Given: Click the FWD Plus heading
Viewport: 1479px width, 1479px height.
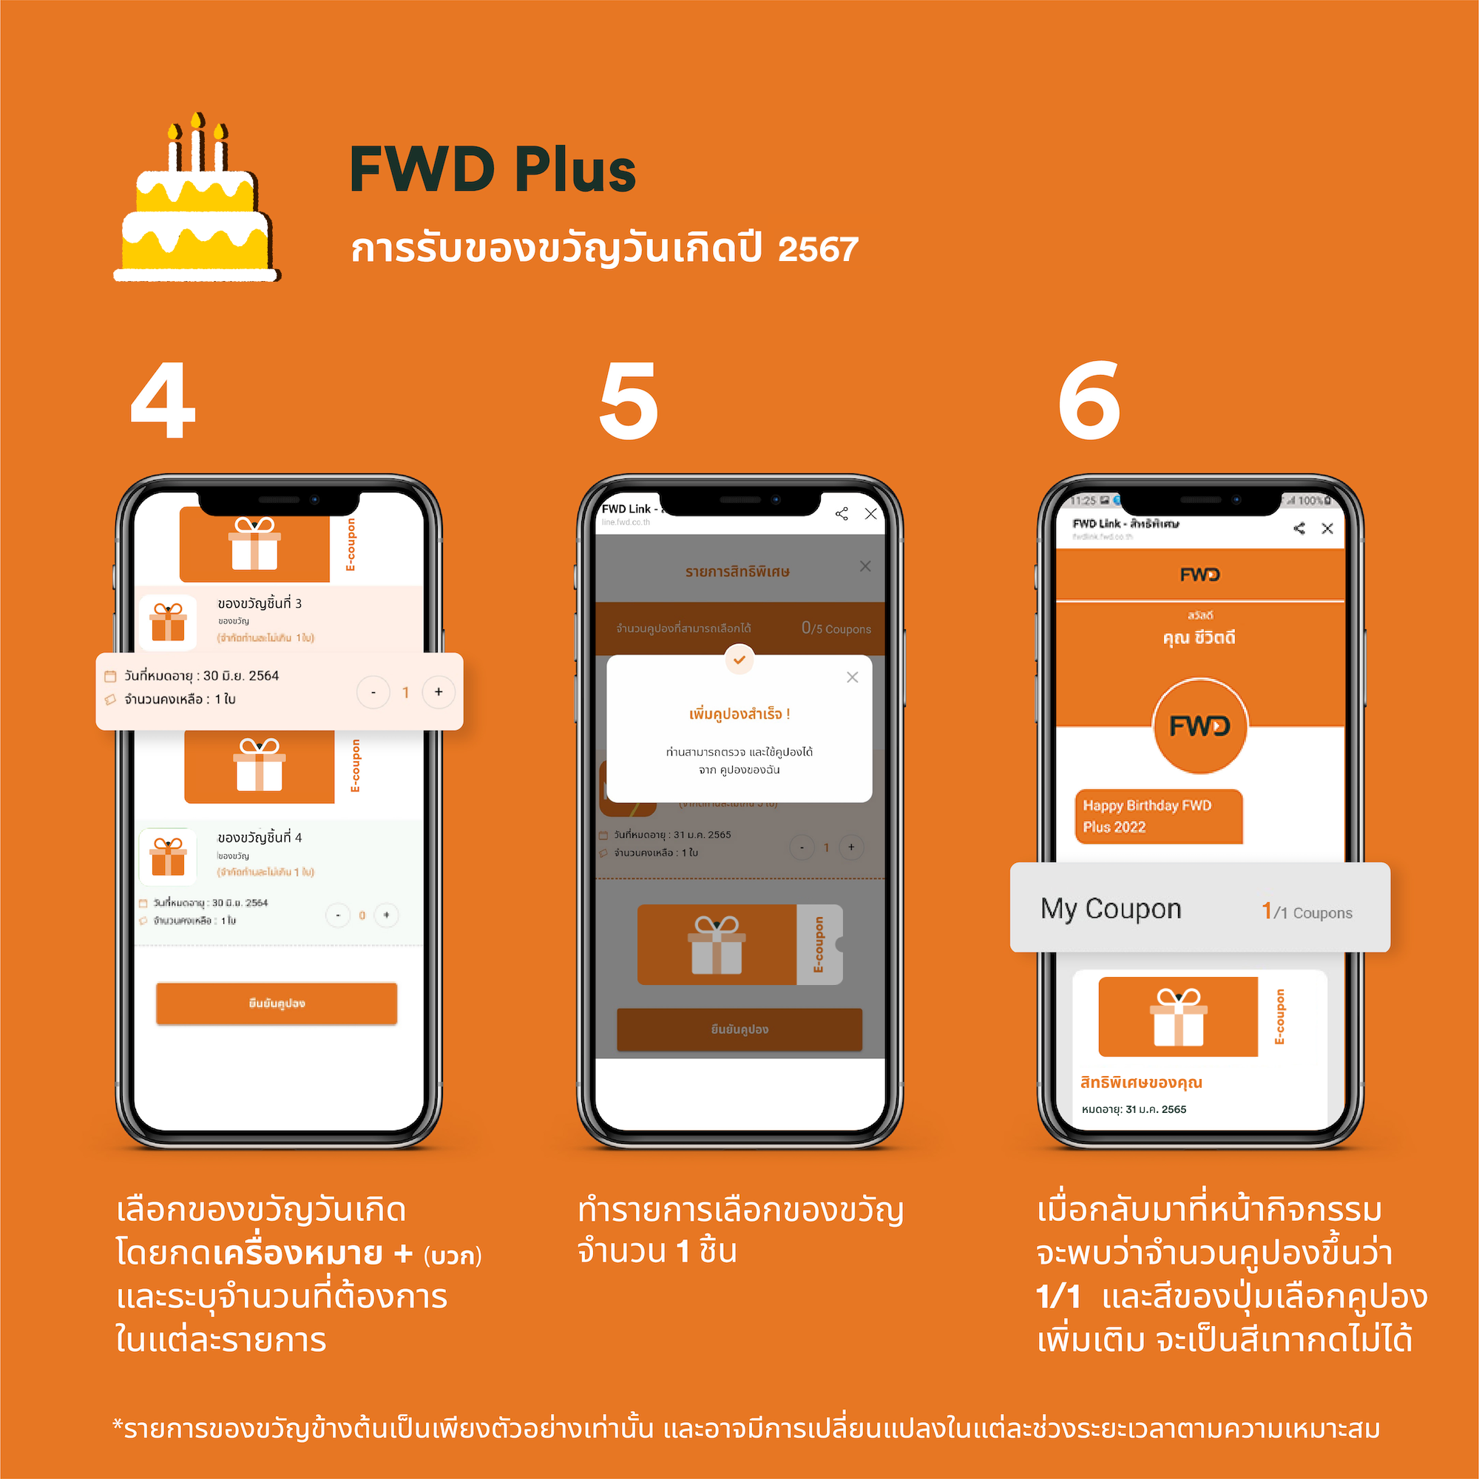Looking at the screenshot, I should click(x=493, y=170).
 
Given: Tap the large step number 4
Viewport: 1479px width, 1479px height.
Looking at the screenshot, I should click(x=163, y=401).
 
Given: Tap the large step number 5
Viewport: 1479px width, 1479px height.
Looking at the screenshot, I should click(x=628, y=401).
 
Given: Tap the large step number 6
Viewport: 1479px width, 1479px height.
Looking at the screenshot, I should click(x=1089, y=401).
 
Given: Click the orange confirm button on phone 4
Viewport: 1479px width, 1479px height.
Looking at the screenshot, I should click(x=277, y=1003).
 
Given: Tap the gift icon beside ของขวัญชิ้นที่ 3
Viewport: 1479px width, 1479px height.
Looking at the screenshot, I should click(x=169, y=622).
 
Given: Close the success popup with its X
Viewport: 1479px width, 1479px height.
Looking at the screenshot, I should click(x=852, y=677).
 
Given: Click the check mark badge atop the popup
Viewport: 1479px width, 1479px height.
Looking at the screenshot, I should click(x=739, y=660).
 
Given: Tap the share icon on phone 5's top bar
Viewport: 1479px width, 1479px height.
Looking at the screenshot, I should click(x=842, y=514).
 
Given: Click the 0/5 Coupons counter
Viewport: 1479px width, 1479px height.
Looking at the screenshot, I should click(x=835, y=629).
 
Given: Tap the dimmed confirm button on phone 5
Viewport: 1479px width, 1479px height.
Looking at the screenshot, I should click(x=739, y=1029).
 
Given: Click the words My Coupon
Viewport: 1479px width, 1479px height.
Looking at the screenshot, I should click(x=1110, y=909).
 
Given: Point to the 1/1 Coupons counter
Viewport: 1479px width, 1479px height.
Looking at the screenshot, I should click(x=1306, y=911).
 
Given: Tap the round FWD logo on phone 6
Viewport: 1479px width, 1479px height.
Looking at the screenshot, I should click(x=1199, y=725).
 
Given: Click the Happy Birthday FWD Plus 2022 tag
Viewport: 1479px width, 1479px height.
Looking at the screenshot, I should click(x=1157, y=816).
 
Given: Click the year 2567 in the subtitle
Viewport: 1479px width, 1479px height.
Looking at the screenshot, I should click(x=818, y=249).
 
